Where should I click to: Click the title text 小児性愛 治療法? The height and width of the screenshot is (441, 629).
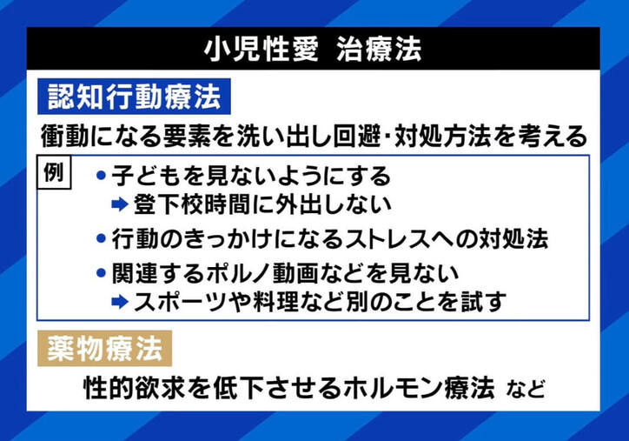pos(314,49)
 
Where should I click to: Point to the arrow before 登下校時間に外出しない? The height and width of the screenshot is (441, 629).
pos(120,205)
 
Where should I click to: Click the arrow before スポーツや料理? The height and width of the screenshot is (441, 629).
pos(120,302)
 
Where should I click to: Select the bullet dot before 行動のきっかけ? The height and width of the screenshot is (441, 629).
pos(101,237)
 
